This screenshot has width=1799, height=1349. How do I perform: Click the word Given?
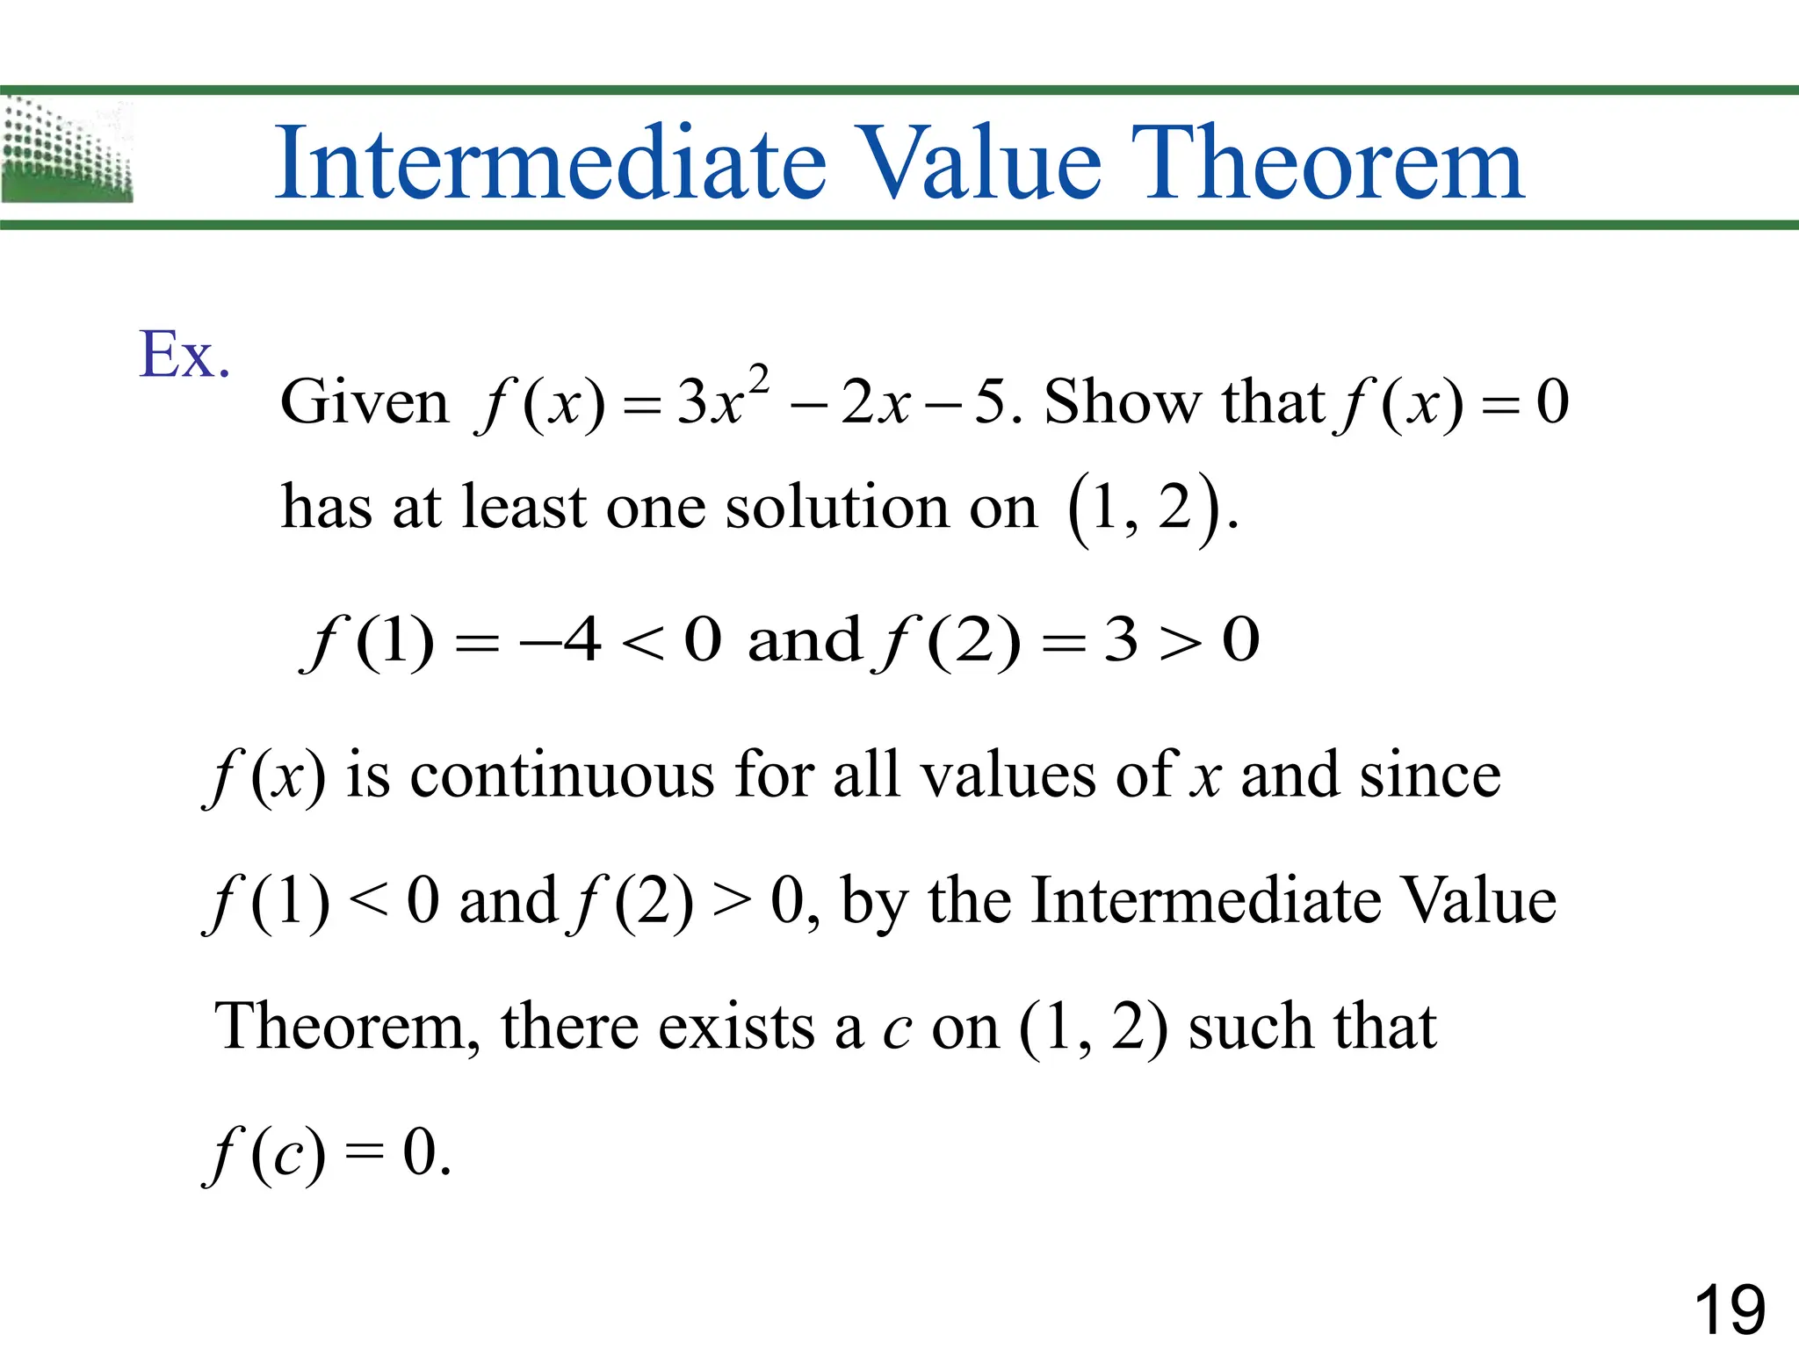point(364,402)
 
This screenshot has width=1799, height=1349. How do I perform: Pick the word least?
point(524,508)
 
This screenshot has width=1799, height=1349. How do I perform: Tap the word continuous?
point(562,776)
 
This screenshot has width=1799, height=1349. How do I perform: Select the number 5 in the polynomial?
point(990,402)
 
